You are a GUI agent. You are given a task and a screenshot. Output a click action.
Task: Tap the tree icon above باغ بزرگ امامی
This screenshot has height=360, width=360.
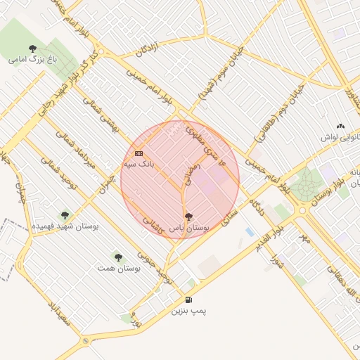point(32,48)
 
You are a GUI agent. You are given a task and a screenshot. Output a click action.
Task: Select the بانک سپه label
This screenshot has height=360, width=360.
point(139,163)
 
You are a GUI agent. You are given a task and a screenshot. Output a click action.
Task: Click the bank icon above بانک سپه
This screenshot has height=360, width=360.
point(139,153)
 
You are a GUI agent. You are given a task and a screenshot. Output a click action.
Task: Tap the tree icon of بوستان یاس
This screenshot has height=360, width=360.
point(188,217)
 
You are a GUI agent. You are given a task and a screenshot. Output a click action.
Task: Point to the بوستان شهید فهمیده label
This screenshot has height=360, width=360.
point(66,226)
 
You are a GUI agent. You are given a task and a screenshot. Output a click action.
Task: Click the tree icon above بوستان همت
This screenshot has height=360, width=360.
point(117,257)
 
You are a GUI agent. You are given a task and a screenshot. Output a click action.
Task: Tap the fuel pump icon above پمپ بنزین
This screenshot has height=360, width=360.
point(188,300)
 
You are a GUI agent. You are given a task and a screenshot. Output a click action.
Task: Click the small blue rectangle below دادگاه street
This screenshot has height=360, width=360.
point(250,231)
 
